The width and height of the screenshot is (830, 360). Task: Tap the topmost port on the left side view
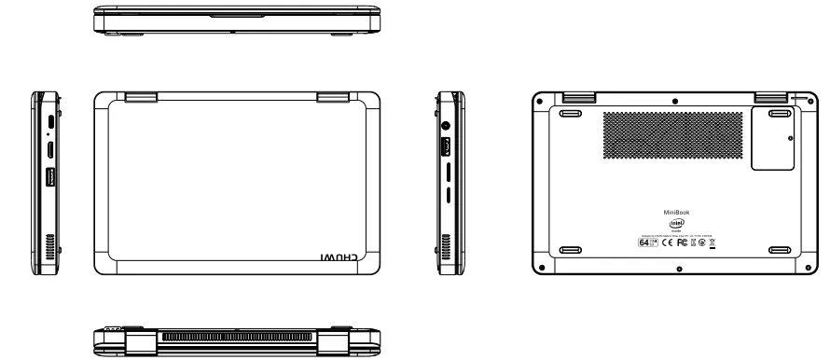[x=48, y=121]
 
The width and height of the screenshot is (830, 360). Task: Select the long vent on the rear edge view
[x=242, y=335]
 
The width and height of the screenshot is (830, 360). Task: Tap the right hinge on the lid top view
[x=331, y=96]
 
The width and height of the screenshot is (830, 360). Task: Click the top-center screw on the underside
[x=675, y=99]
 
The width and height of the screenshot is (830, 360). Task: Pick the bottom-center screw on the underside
[x=678, y=270]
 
